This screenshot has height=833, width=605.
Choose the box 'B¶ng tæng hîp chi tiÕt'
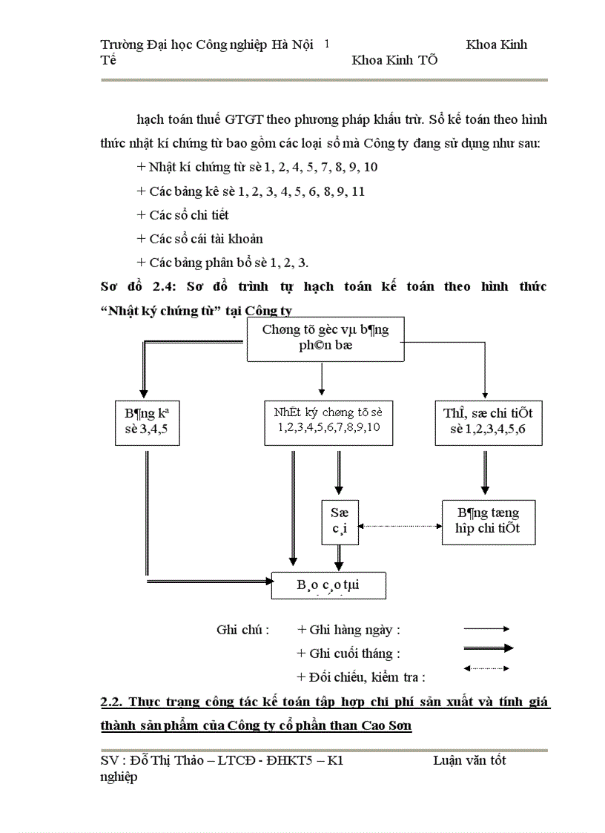pos(488,521)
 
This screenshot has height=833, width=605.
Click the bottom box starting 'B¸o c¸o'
pos(329,585)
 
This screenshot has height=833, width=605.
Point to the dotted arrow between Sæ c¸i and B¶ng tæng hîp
pos(400,527)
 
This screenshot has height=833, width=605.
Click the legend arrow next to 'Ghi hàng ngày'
pos(486,629)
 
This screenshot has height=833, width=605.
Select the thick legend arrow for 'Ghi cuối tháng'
pos(487,648)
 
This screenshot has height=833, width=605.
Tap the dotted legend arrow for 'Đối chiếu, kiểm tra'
pos(486,668)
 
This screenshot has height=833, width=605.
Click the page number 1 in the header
pos(327,45)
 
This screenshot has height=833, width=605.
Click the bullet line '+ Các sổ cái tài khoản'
pos(199,239)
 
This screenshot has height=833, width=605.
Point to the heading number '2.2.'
pos(113,702)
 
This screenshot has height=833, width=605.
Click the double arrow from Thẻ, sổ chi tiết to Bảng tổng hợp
pos(485,472)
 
